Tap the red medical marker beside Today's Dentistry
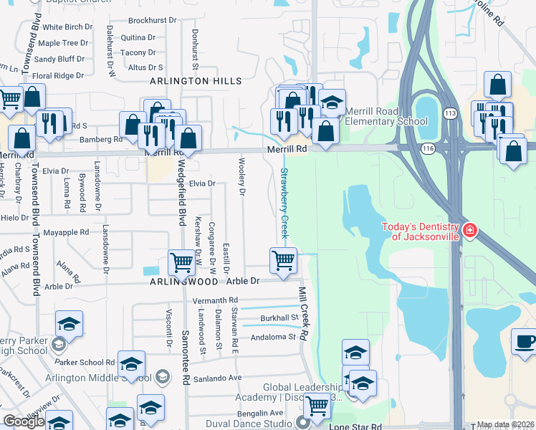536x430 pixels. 469,231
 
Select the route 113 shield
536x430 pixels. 450,113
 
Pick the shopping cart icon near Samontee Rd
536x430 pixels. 181,262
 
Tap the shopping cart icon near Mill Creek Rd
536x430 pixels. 284,259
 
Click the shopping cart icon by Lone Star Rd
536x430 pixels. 316,406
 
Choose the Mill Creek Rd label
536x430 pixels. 303,312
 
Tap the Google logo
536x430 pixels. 23,421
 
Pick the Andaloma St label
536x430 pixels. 272,336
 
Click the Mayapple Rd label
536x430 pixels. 66,232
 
